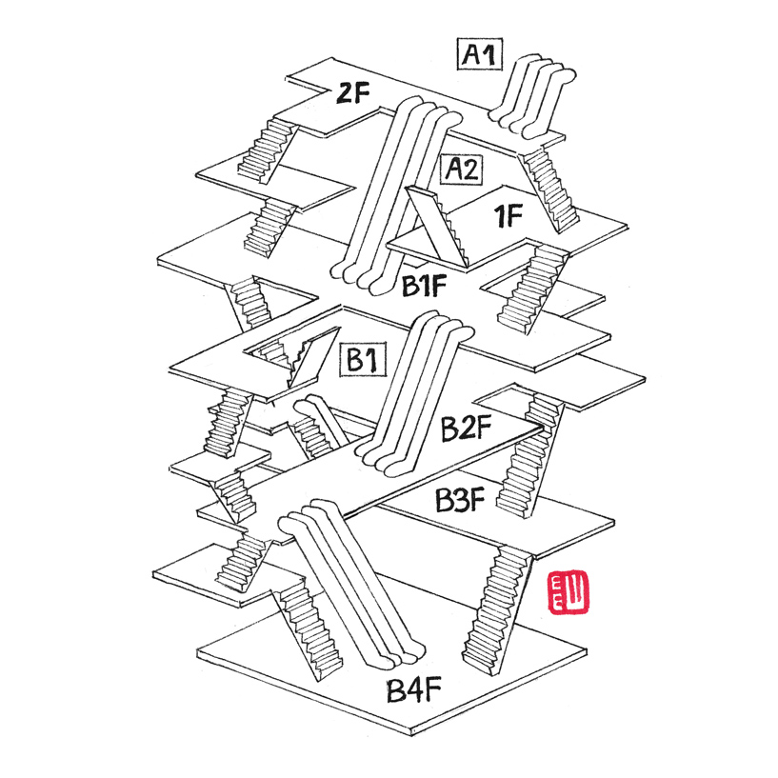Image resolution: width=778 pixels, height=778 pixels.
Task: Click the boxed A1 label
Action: (x=483, y=54)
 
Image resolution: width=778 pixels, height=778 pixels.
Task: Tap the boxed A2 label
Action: (x=463, y=170)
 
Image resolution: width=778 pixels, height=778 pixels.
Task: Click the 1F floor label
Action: (x=509, y=217)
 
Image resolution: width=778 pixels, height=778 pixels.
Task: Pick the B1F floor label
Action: (x=424, y=285)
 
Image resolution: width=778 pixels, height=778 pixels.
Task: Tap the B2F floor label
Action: (x=465, y=429)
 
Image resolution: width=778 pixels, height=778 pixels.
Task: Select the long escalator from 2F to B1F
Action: (x=390, y=190)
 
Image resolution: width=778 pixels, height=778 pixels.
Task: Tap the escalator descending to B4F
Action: (x=352, y=590)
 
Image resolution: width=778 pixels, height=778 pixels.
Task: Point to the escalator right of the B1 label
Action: (x=419, y=390)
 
